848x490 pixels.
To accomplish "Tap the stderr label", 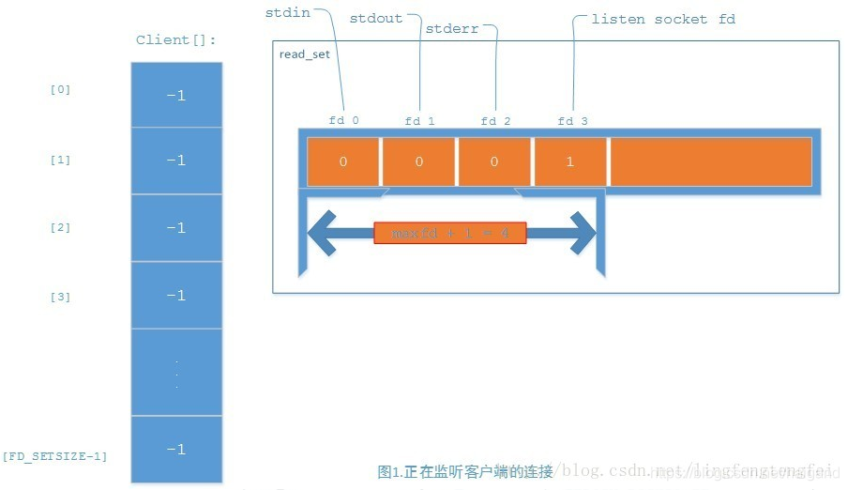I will pyautogui.click(x=451, y=29).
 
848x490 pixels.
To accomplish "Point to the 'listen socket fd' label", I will pyautogui.click(x=663, y=19).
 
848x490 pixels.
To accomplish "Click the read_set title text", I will pyautogui.click(x=304, y=54).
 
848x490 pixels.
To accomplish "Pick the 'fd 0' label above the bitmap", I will pyautogui.click(x=343, y=120).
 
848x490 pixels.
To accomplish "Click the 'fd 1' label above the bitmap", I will pyautogui.click(x=419, y=121).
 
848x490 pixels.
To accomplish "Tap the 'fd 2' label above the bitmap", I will pyautogui.click(x=495, y=121).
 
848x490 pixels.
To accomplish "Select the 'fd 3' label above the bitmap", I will pyautogui.click(x=571, y=121).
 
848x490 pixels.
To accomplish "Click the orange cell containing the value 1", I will pyautogui.click(x=570, y=161).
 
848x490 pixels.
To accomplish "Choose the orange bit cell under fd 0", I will pyautogui.click(x=343, y=161).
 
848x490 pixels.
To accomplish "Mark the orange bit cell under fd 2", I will pyautogui.click(x=494, y=161).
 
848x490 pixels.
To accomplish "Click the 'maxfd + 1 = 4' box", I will pyautogui.click(x=450, y=233).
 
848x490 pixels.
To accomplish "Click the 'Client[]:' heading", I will pyautogui.click(x=176, y=40).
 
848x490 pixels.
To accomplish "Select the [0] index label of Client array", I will pyautogui.click(x=60, y=90).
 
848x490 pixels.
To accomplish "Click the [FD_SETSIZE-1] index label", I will pyautogui.click(x=54, y=456).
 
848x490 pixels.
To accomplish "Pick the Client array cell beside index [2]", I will pyautogui.click(x=176, y=228).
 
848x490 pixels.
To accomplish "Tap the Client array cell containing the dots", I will pyautogui.click(x=176, y=373).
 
